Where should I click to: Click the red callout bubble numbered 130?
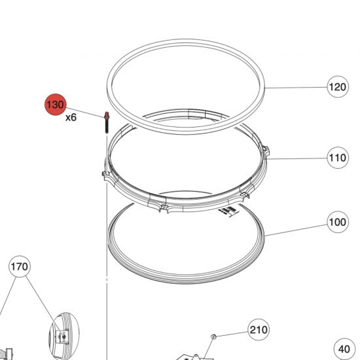click(55, 104)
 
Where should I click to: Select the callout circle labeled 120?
click(337, 87)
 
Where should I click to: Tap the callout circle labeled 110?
click(337, 158)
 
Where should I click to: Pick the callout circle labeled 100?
click(337, 222)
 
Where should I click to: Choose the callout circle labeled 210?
click(259, 329)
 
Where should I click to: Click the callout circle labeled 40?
click(345, 349)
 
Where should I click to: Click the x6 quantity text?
click(70, 118)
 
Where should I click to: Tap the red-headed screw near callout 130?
click(105, 122)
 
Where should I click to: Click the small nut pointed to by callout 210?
click(213, 336)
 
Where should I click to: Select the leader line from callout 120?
click(295, 88)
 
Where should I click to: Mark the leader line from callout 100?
click(295, 228)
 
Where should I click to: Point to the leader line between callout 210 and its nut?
click(232, 333)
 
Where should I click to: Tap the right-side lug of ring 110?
click(265, 152)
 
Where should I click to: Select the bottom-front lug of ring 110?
click(162, 208)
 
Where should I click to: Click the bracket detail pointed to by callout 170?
click(61, 336)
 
